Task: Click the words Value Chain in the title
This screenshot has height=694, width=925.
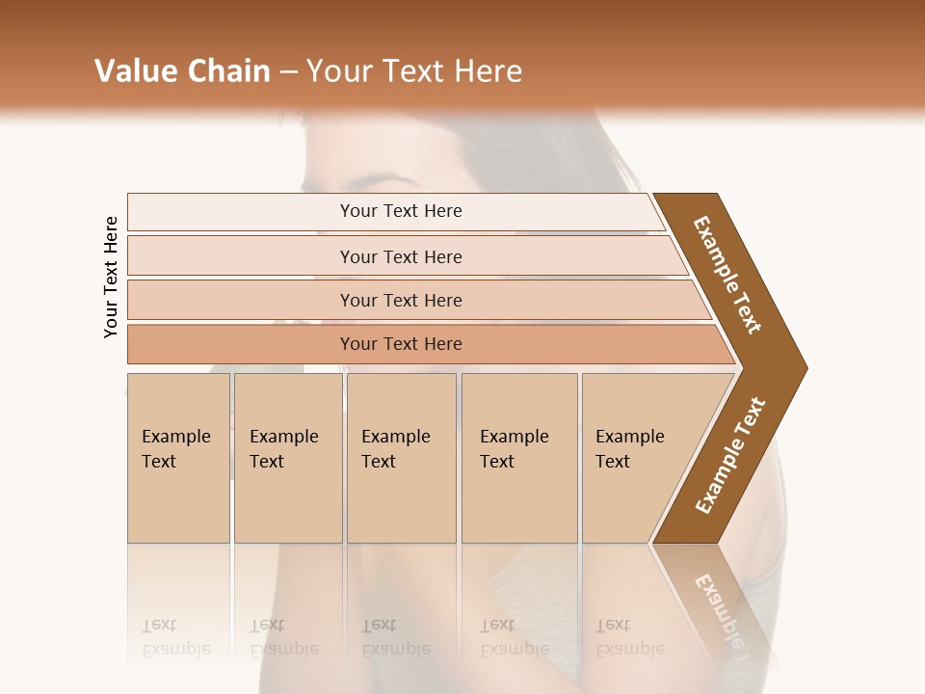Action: click(182, 71)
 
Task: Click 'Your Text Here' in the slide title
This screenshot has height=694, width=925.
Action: click(414, 71)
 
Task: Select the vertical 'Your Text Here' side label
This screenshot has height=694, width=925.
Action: click(111, 277)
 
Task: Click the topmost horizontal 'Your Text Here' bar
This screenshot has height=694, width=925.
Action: click(400, 211)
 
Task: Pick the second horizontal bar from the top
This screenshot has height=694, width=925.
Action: click(400, 256)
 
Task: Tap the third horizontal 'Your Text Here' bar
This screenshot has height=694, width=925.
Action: click(400, 300)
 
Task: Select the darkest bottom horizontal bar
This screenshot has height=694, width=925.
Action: click(400, 344)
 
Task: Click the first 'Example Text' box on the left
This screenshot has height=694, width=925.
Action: click(178, 458)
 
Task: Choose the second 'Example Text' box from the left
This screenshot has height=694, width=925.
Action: click(287, 458)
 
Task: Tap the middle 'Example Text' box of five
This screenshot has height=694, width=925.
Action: click(401, 458)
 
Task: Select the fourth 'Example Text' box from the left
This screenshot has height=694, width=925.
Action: click(518, 458)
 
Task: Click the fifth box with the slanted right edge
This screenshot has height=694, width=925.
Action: click(636, 458)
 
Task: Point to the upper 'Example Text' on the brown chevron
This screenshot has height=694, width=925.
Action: click(727, 275)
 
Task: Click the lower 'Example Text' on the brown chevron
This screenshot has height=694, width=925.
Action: click(730, 455)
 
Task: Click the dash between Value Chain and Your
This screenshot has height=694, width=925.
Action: click(288, 71)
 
